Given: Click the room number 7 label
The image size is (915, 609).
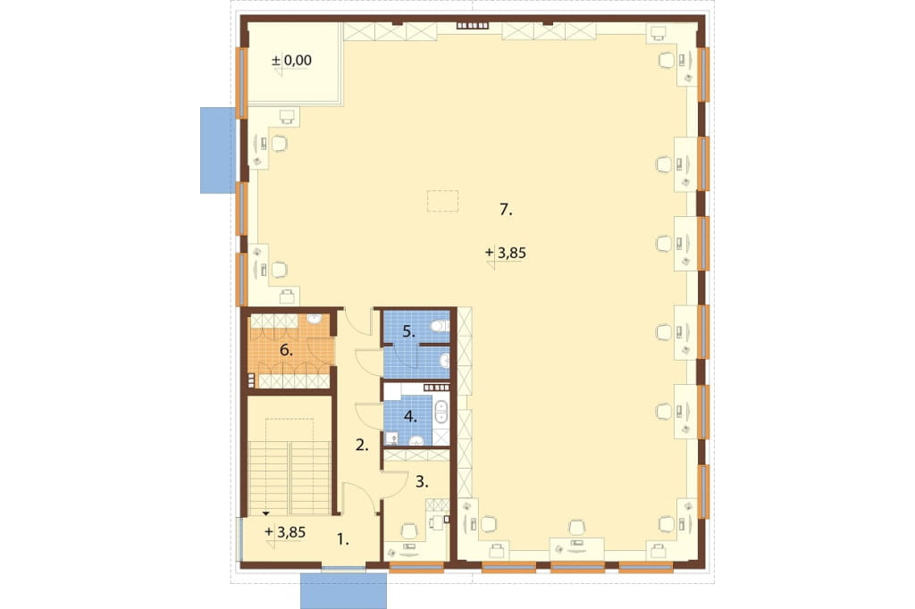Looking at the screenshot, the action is click(506, 210).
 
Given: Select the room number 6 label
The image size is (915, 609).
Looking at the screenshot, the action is click(286, 350).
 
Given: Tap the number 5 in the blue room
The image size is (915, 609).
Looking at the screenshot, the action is click(408, 332).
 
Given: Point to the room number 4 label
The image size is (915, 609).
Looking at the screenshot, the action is click(410, 416).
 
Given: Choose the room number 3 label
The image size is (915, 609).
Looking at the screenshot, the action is click(422, 482).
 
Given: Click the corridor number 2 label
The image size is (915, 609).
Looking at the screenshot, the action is click(362, 446).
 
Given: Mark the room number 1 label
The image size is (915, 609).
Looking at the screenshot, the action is click(343, 540).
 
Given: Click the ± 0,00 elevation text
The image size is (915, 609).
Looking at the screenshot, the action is click(292, 60).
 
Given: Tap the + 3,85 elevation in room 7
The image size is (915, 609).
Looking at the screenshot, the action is click(506, 253).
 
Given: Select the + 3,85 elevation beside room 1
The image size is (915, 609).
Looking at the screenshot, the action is click(285, 532).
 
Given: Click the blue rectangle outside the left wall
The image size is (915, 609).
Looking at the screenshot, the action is click(218, 150).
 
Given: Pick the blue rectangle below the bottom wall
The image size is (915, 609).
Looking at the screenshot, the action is click(344, 591).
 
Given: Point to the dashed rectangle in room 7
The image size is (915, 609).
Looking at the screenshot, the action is click(442, 201).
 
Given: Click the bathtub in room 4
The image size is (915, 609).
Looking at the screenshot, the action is click(441, 412).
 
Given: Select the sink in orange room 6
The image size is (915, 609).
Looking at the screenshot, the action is click(315, 320).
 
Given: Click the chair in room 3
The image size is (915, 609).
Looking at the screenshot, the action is click(410, 530).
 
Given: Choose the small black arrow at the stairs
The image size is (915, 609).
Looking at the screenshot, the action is click(266, 513).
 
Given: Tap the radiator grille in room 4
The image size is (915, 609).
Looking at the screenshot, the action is click(436, 388).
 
